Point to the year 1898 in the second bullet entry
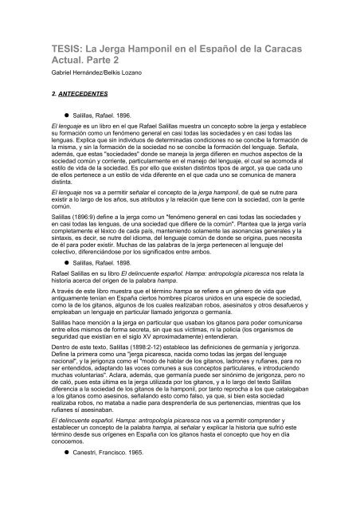point(118,284)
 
